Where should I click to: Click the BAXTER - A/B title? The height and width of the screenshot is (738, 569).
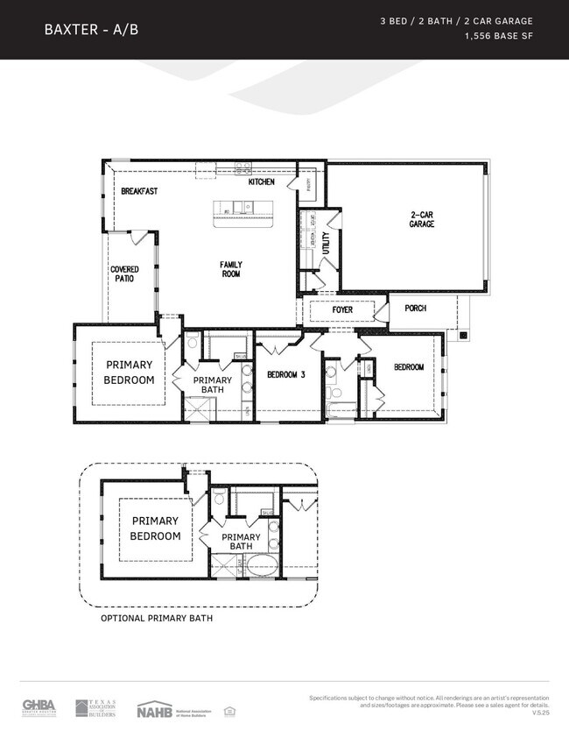coord(91,30)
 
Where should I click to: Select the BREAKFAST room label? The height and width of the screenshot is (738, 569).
coord(139,191)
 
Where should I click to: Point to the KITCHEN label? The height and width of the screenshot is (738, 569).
coord(261,182)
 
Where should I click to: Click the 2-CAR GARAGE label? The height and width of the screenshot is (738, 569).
coord(422,219)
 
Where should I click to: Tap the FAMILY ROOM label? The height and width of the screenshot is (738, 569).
coord(231,269)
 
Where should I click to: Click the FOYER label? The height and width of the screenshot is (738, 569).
coord(342,310)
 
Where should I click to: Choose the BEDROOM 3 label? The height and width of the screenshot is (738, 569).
coord(284,374)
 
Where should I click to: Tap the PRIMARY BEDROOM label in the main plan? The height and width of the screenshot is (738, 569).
coord(130,373)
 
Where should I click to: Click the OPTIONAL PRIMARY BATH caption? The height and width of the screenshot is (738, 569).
coord(157,618)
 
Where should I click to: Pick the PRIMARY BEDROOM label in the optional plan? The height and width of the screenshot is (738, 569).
coord(156,529)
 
